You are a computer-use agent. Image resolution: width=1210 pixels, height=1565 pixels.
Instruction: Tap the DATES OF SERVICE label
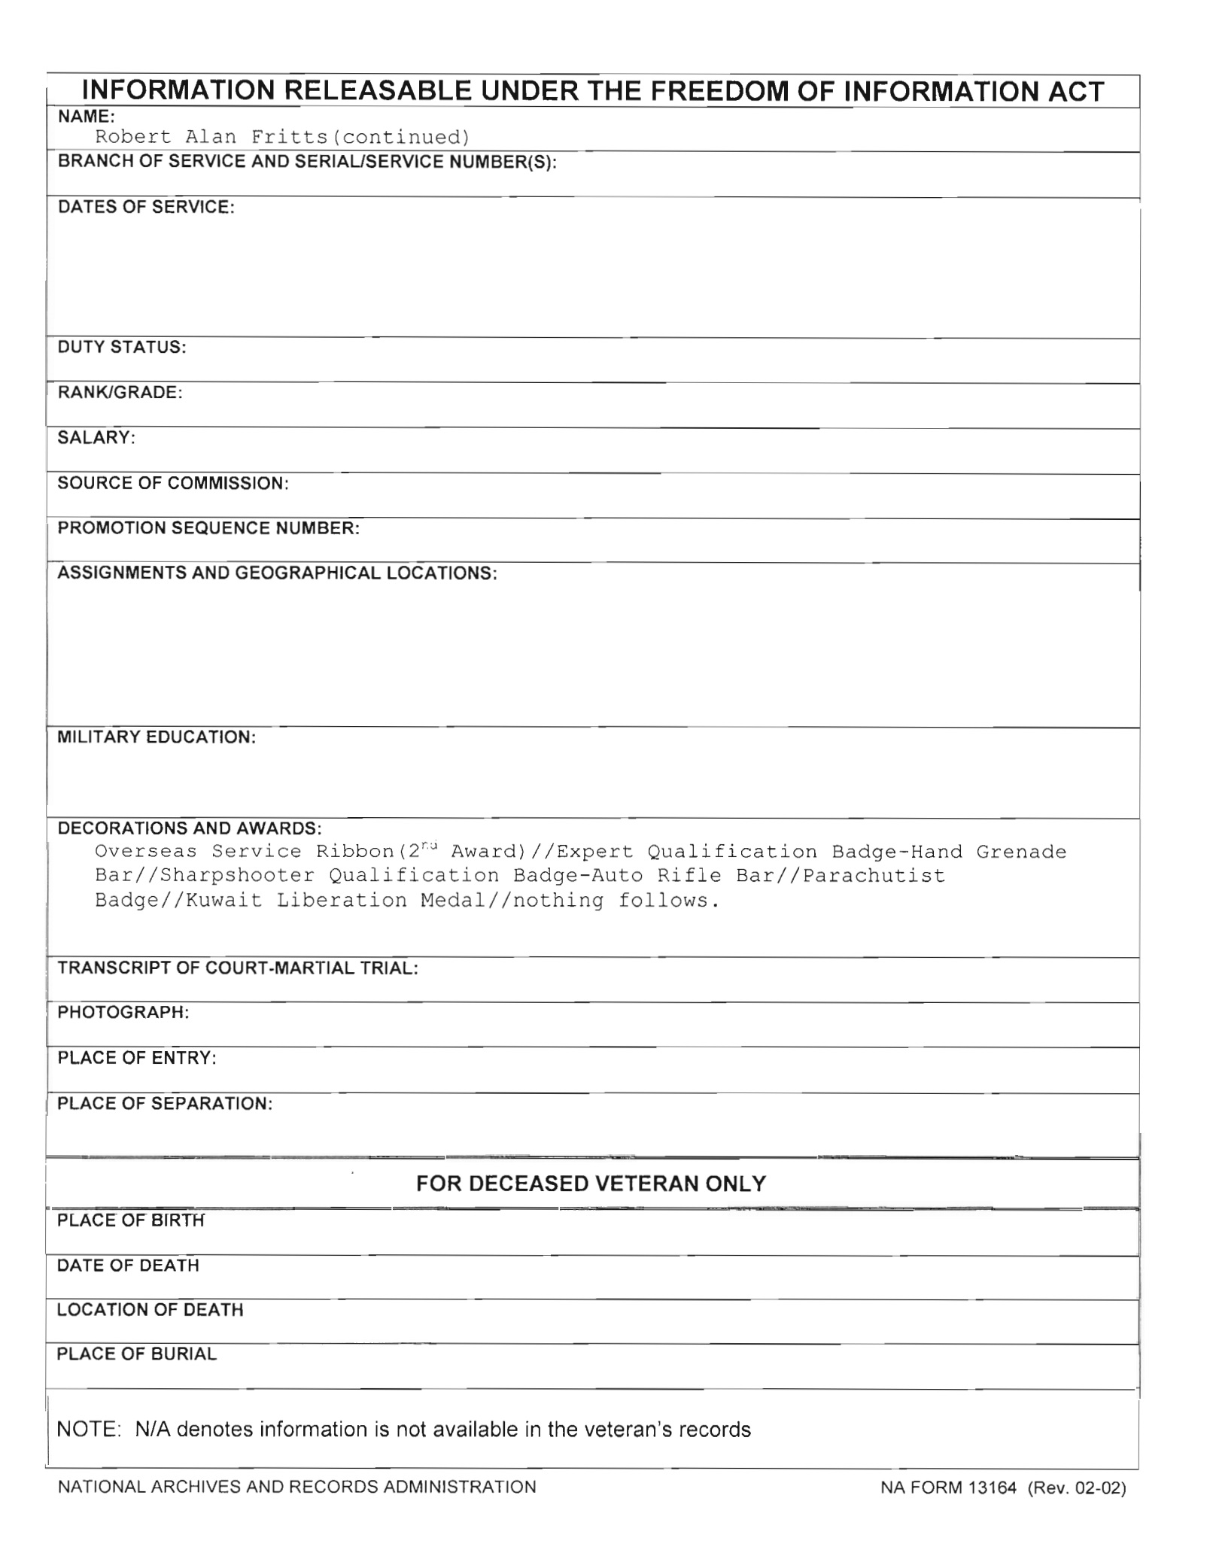click(146, 208)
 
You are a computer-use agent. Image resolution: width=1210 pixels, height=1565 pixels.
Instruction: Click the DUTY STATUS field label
click(122, 348)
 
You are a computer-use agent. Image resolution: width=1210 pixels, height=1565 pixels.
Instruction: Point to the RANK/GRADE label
click(120, 393)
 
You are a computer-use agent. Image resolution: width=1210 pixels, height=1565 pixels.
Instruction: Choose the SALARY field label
click(96, 438)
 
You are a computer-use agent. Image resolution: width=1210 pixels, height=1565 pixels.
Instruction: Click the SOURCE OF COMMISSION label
click(173, 483)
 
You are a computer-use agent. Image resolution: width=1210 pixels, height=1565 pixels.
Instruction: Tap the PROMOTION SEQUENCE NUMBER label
click(208, 528)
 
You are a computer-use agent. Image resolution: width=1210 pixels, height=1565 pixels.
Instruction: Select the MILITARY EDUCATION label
click(157, 737)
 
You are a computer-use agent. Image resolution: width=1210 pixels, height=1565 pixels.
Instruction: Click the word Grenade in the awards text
click(1021, 852)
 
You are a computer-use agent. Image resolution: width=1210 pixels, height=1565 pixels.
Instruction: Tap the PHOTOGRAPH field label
click(123, 1013)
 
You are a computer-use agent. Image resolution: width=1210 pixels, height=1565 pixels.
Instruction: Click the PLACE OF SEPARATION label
click(165, 1104)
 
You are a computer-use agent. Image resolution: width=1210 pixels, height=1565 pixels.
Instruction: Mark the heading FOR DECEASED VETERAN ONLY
click(591, 1184)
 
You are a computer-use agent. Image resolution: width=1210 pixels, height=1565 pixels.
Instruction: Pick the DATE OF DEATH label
click(128, 1266)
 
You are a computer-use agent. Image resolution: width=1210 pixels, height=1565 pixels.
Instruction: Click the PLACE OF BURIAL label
click(136, 1354)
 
